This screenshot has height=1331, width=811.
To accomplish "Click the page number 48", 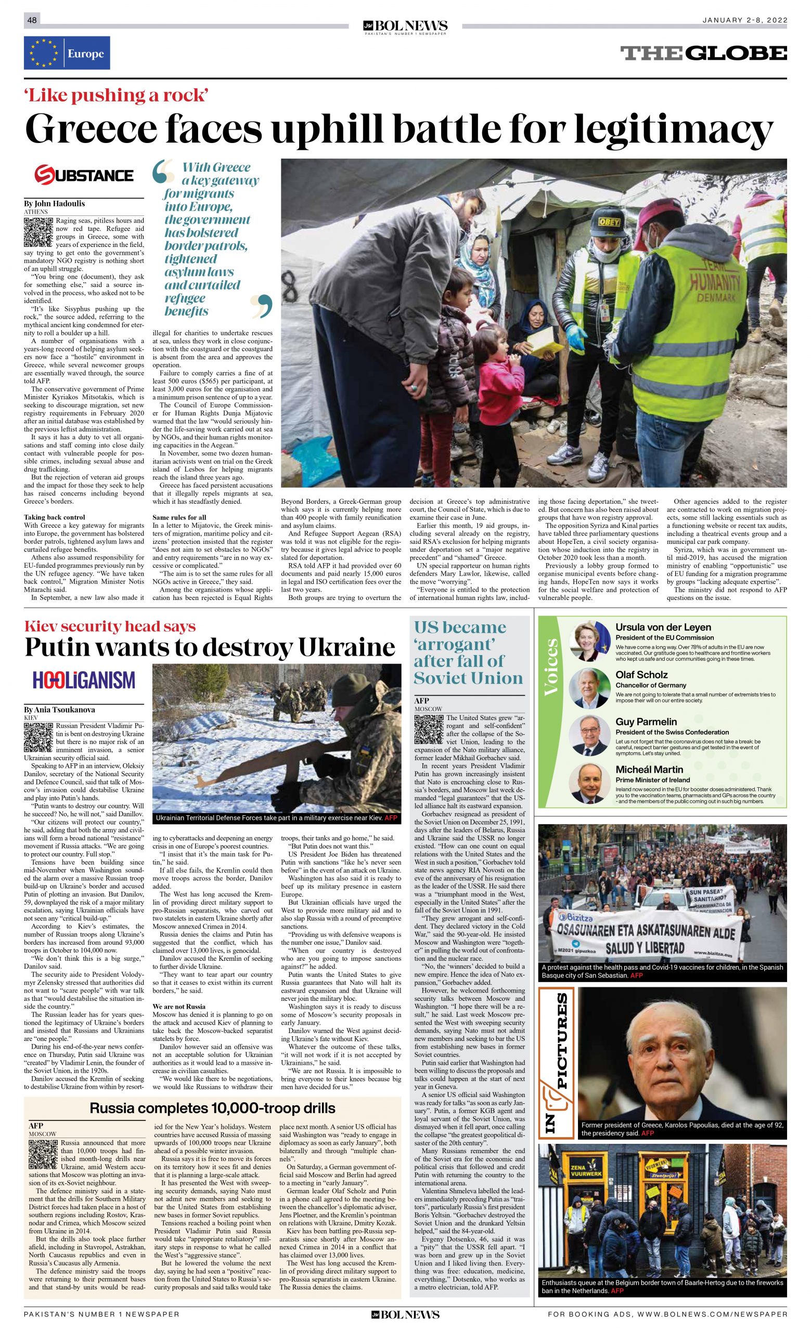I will click(32, 20).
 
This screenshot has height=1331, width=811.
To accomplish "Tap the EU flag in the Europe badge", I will click(44, 54).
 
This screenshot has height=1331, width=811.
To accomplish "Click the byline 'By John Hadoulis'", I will click(54, 204).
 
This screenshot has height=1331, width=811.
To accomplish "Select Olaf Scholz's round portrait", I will click(589, 688).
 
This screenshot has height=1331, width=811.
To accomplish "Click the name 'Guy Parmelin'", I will click(646, 722).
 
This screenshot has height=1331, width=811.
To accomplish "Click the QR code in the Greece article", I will click(39, 231).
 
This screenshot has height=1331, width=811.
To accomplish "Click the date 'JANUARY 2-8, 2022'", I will click(744, 20).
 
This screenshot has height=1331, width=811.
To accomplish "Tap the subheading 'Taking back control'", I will click(54, 517).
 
